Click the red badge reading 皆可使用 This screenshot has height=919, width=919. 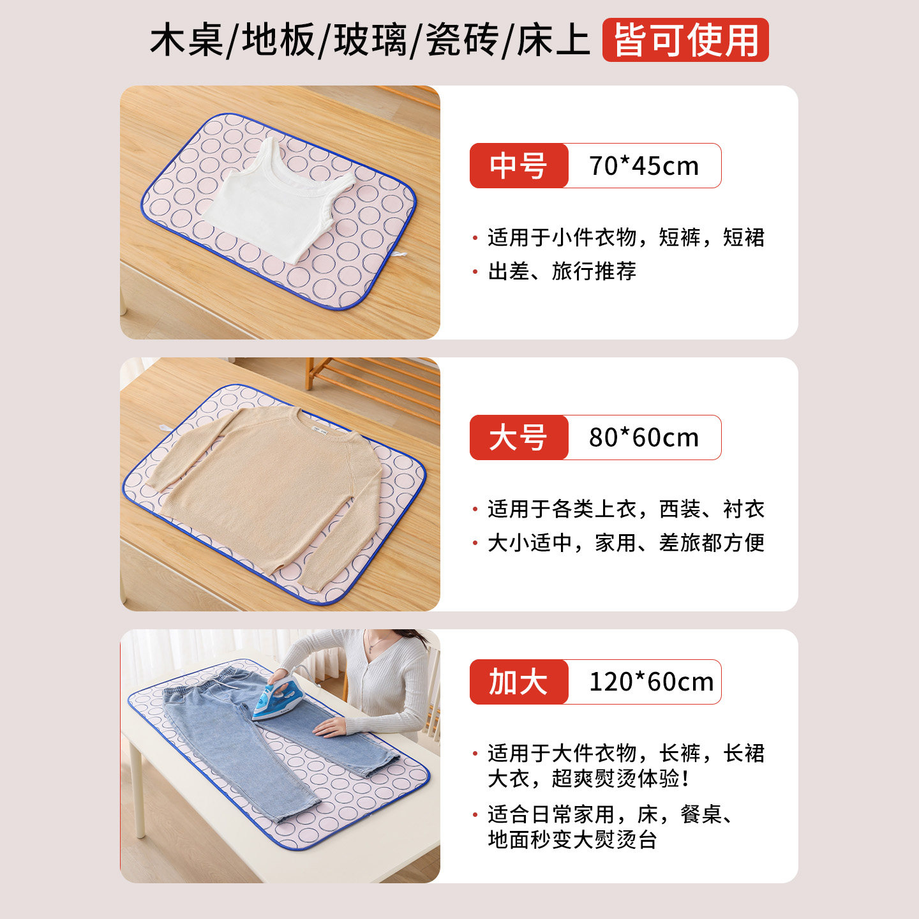(x=685, y=40)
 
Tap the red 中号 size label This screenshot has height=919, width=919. (x=518, y=166)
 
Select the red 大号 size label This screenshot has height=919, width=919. (x=518, y=438)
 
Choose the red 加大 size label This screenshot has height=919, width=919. (x=518, y=682)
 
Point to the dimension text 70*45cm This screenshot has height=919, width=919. (x=643, y=166)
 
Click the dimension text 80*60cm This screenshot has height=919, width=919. (x=643, y=438)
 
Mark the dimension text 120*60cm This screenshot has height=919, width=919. (x=650, y=682)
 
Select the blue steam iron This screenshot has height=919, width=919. (x=281, y=699)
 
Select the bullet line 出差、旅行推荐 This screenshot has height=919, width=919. (x=562, y=271)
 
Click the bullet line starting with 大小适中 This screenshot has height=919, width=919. (x=625, y=543)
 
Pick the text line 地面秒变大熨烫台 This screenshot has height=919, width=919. (x=572, y=840)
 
